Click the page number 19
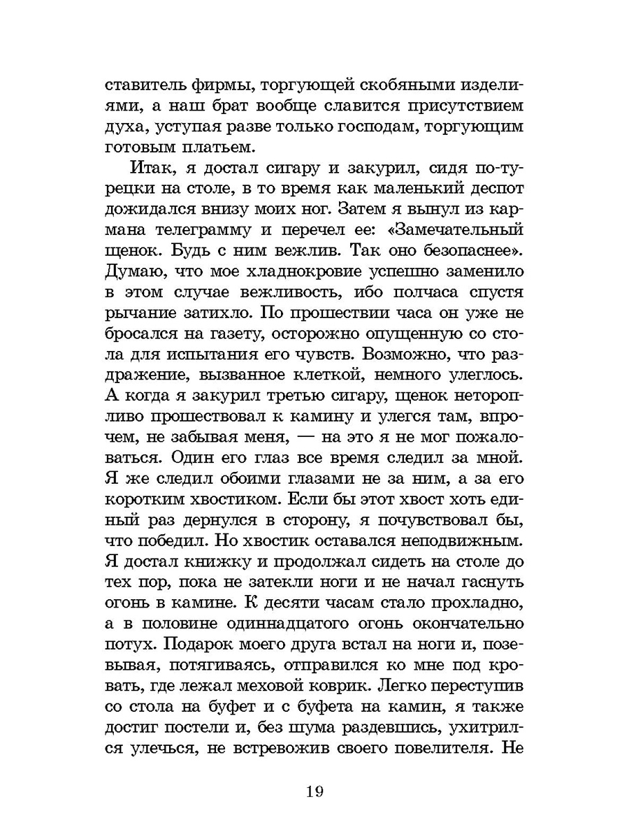tap(313, 791)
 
